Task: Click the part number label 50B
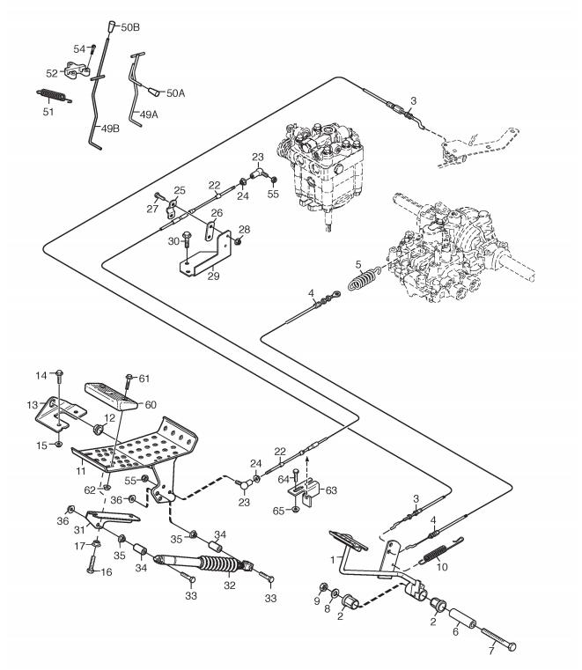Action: (x=130, y=27)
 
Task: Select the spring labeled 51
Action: (x=54, y=95)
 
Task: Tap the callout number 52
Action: (x=52, y=73)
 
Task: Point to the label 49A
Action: (x=149, y=114)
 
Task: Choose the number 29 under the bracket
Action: (x=214, y=276)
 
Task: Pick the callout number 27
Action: (x=152, y=209)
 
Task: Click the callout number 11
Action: (x=81, y=471)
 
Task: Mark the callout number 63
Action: (x=331, y=490)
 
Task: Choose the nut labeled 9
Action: (x=323, y=585)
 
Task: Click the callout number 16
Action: (x=107, y=571)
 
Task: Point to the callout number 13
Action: (x=33, y=405)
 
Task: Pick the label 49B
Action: (x=110, y=129)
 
